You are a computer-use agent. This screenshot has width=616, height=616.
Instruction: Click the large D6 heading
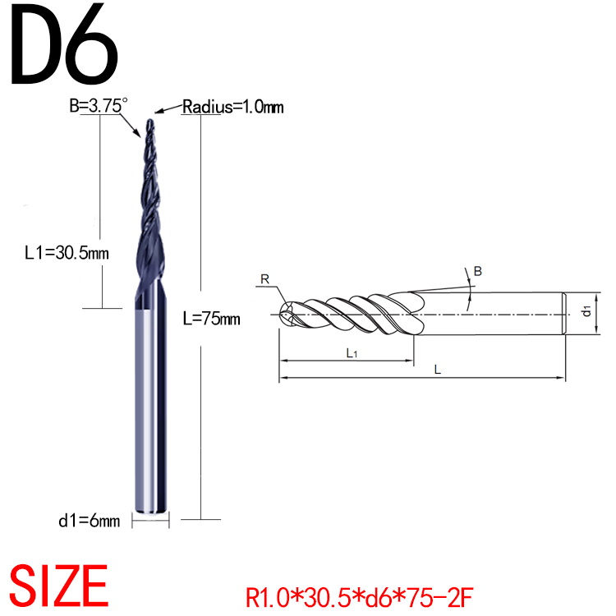click(64, 44)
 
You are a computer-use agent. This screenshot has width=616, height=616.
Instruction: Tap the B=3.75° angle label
click(99, 105)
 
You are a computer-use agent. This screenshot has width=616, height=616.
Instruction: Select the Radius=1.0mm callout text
click(232, 107)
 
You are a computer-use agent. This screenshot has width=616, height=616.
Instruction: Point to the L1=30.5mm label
click(67, 253)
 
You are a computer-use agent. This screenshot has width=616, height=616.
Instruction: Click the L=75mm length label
click(211, 318)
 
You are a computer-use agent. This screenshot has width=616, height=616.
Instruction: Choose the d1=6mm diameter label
click(90, 521)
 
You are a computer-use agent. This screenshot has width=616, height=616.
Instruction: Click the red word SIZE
click(58, 586)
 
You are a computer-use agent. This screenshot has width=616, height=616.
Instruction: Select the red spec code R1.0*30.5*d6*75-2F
click(360, 597)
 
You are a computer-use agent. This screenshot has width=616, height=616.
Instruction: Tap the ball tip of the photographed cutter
click(150, 122)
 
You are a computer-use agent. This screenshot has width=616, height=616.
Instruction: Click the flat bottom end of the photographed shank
click(150, 511)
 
